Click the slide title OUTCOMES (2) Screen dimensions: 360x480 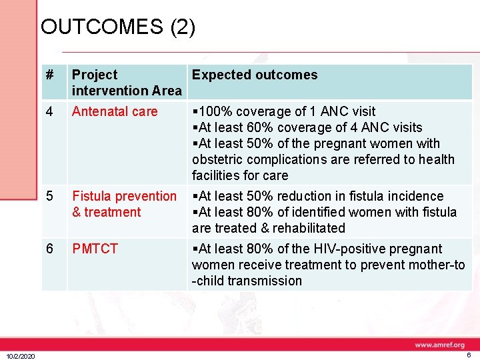click(x=118, y=27)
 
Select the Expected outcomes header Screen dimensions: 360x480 click(x=255, y=75)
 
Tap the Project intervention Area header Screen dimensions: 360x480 click(x=126, y=83)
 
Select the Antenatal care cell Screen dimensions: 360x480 click(x=115, y=111)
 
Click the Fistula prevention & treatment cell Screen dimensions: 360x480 click(x=124, y=204)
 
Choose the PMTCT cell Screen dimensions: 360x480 click(x=95, y=249)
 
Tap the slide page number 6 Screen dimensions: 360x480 click(x=469, y=356)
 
